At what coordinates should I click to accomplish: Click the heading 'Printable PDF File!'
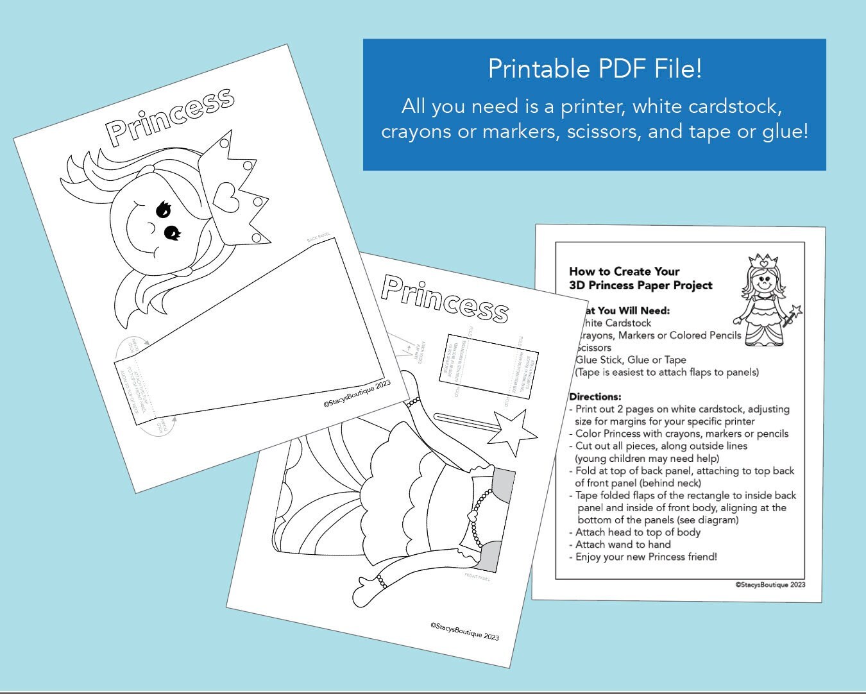[x=595, y=69]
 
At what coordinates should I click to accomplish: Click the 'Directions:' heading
[x=595, y=396]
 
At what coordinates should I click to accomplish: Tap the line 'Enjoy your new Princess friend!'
[x=646, y=557]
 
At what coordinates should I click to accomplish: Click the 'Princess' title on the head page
[x=170, y=115]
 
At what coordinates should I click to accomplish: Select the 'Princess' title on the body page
[x=445, y=298]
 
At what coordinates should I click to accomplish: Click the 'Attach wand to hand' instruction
[x=623, y=545]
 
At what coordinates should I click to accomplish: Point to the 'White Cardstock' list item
[x=615, y=323]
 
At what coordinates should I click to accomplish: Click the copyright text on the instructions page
[x=770, y=584]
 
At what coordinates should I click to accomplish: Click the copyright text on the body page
[x=464, y=631]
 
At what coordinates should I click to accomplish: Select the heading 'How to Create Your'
[x=624, y=271]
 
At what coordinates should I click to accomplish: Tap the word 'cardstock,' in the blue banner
[x=735, y=106]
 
